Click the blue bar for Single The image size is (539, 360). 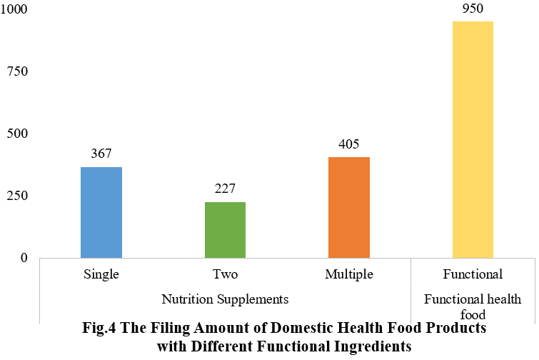click(101, 212)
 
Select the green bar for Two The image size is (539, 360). click(225, 229)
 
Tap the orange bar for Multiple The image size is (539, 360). click(349, 207)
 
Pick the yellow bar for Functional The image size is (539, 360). click(473, 139)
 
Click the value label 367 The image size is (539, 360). click(101, 154)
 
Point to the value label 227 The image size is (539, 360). click(225, 189)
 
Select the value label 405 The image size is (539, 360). click(349, 144)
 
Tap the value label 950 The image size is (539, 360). click(473, 9)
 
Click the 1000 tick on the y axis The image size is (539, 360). click(14, 10)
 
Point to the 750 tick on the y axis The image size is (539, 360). click(17, 72)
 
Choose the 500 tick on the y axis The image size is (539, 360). click(17, 134)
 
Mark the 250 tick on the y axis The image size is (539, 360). click(17, 196)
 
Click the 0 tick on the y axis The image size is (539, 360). click(24, 257)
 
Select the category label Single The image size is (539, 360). click(101, 274)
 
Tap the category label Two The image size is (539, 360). click(225, 274)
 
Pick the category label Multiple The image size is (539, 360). click(349, 274)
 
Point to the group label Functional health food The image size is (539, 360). click(473, 306)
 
